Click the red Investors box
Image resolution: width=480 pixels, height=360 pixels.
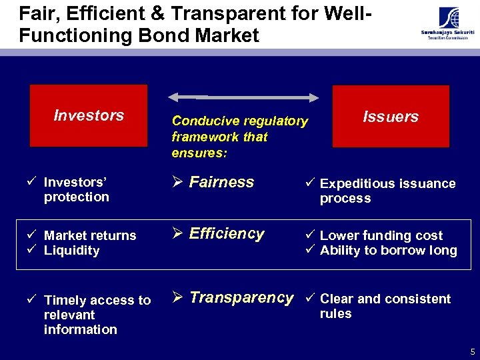coord(88,115)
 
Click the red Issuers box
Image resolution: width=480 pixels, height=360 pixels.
coord(390,117)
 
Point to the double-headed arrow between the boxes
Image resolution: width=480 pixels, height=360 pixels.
coord(243,97)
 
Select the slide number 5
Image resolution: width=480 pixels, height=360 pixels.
coord(472,351)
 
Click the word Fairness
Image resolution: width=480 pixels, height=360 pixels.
coord(221,182)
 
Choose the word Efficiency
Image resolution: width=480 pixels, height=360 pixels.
coord(227,233)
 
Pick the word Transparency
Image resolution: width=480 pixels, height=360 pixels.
coord(241,297)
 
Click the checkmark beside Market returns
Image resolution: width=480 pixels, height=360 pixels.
coord(35,235)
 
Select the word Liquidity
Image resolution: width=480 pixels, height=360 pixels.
coord(71,251)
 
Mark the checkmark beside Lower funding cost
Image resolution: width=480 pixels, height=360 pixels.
coord(311,235)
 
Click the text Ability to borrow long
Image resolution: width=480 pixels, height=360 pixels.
coord(388,251)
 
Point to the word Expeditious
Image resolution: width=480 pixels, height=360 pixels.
coord(354,183)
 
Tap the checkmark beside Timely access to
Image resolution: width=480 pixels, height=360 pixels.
coord(35,300)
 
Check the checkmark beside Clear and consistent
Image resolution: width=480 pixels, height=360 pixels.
coord(311,299)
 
